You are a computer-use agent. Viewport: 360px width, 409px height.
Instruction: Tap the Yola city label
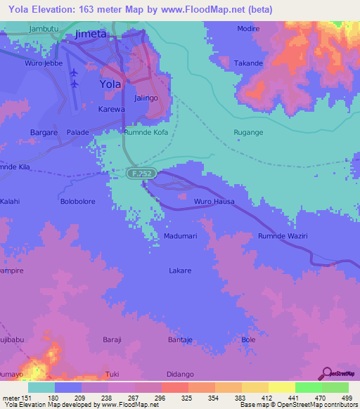point(110,84)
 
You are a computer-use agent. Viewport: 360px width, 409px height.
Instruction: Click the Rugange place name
point(248,132)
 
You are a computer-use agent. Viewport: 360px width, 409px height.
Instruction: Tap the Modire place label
point(247,30)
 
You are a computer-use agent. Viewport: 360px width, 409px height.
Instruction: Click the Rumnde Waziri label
point(283,236)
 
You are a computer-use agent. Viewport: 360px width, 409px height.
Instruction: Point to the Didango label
point(180,374)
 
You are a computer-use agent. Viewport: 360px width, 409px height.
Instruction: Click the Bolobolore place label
point(77,202)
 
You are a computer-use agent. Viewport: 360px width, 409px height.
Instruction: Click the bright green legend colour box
point(308,387)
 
